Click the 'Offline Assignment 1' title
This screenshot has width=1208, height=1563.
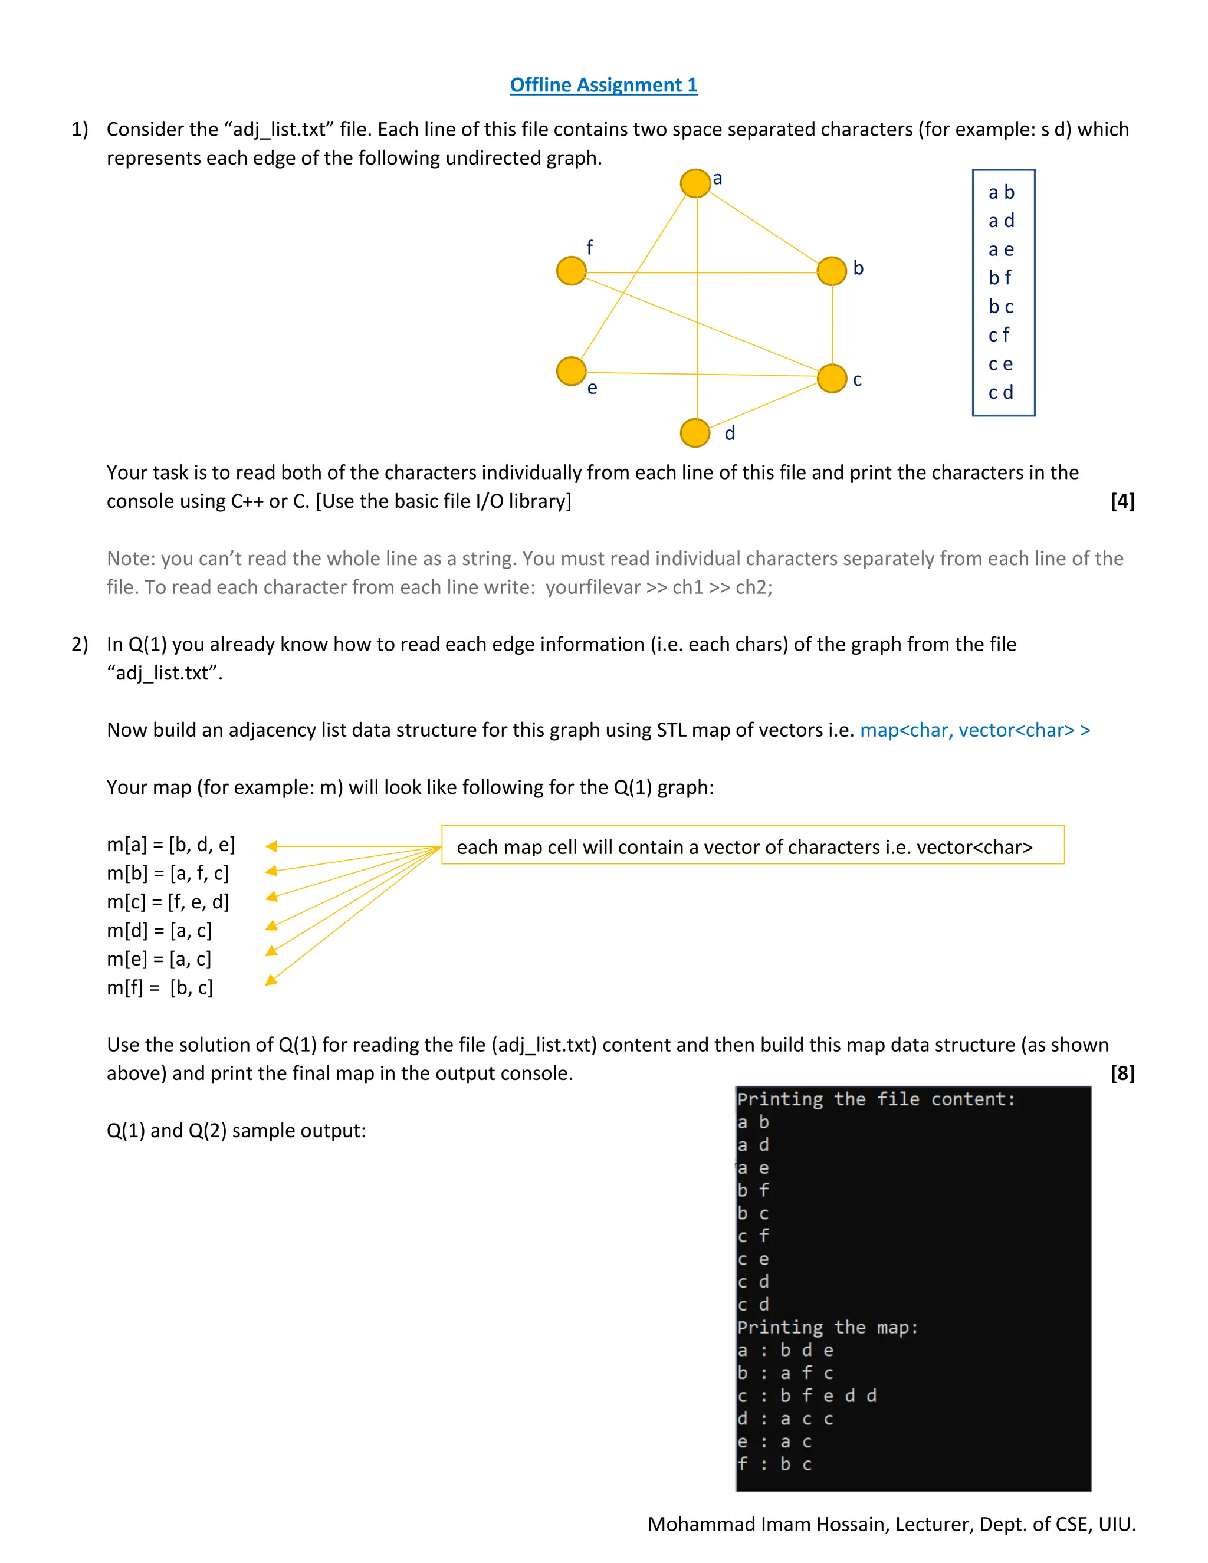click(603, 85)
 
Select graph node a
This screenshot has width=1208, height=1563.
click(695, 183)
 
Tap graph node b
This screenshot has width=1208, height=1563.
click(832, 271)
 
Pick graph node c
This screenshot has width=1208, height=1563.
click(832, 379)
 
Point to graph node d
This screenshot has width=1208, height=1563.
click(695, 433)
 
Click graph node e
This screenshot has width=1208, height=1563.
click(571, 372)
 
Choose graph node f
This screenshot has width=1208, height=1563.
click(571, 271)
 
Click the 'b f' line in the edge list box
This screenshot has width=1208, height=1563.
click(1000, 278)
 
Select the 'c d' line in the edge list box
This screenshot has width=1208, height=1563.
click(1000, 392)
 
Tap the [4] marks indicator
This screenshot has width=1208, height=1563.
click(1122, 501)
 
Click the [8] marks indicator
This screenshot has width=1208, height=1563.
click(1122, 1073)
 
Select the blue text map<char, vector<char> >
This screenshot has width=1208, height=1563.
click(974, 730)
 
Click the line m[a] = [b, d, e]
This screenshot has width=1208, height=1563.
click(171, 845)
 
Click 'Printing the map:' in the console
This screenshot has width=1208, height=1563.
click(828, 1328)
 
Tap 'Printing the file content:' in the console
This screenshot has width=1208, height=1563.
click(876, 1099)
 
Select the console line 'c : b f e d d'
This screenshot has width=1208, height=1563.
click(806, 1395)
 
